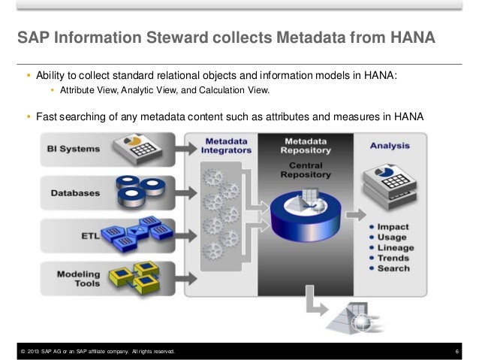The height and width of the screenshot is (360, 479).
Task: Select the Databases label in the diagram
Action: (75, 192)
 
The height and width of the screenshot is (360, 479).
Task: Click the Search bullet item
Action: (393, 268)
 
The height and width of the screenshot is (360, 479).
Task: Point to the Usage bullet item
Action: (391, 237)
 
